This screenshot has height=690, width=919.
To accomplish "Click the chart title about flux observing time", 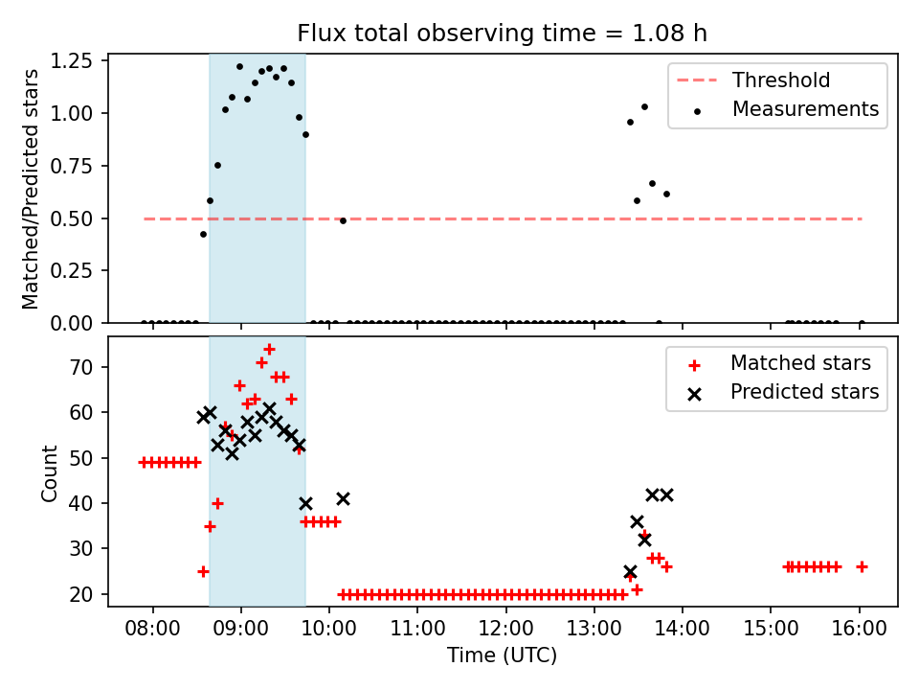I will (x=503, y=34).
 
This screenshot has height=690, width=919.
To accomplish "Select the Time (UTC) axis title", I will (x=503, y=656).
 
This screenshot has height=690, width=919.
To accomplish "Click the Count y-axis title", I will (x=49, y=472).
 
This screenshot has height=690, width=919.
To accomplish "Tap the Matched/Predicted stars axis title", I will (x=32, y=189).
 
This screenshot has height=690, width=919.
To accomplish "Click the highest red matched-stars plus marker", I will (x=269, y=350).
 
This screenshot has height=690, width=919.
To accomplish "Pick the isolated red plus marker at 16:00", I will (x=862, y=566).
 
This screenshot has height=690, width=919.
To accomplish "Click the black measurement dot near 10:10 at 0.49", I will (x=343, y=220).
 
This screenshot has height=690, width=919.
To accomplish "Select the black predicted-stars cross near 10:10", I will (x=343, y=498).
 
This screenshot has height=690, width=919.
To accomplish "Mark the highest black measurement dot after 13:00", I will (x=644, y=106).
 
